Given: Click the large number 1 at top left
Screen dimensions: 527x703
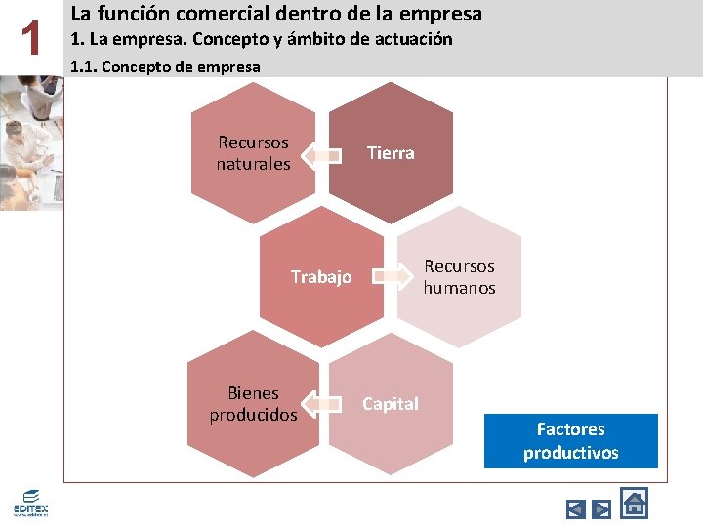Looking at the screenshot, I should point(33,40).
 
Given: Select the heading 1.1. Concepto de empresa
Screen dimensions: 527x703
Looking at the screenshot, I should point(166,67).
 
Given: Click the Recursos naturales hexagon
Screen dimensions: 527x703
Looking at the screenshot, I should point(253,153).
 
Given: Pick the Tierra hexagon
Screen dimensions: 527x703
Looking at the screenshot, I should point(391,153).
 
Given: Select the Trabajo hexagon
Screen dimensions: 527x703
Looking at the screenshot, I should point(321,277).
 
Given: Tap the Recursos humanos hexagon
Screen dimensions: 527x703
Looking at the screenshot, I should point(459,277).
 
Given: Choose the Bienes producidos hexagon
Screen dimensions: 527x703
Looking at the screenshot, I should point(253,404).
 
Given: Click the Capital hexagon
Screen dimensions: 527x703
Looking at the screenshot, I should point(391,404).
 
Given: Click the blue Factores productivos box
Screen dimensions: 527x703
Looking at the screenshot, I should point(570,441).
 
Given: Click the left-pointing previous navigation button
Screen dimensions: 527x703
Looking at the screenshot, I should point(576,508).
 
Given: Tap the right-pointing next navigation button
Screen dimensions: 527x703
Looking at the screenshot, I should point(601,508).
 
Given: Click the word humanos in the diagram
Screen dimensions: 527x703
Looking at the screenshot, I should point(459,288).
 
